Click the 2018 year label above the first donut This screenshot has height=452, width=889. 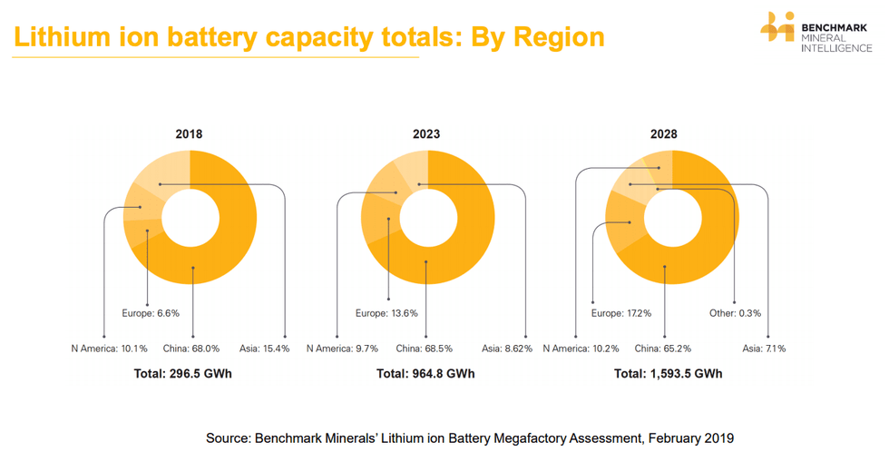[x=189, y=134]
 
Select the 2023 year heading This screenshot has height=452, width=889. [x=426, y=134]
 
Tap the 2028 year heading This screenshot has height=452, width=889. [x=663, y=134]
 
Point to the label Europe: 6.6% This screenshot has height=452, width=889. [x=151, y=313]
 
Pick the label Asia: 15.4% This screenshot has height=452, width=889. [x=265, y=349]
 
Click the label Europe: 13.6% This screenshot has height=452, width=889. [x=387, y=313]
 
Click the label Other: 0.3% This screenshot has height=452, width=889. [x=735, y=313]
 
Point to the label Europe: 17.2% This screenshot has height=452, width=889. [x=621, y=313]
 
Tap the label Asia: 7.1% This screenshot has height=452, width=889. [x=764, y=349]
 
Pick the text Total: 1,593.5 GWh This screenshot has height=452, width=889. [x=668, y=374]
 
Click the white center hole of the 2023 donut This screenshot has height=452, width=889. [x=428, y=219]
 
